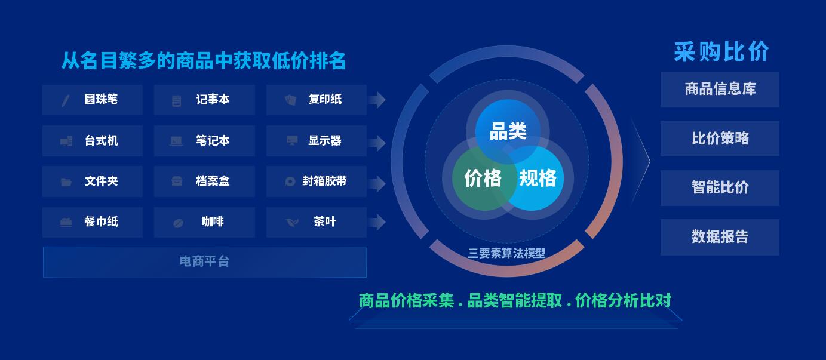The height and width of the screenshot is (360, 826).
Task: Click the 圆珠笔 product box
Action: click(x=93, y=100)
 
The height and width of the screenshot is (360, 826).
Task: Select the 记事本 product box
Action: click(x=204, y=100)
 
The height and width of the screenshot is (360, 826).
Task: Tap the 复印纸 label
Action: click(x=325, y=99)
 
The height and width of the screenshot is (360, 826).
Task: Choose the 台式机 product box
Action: click(x=93, y=141)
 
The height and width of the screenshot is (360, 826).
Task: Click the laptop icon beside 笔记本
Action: click(x=176, y=141)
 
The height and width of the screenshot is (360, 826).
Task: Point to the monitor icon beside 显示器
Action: click(x=292, y=140)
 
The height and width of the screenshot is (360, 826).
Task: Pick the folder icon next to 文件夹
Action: click(x=66, y=182)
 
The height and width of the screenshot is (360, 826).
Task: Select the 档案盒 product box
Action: click(x=204, y=181)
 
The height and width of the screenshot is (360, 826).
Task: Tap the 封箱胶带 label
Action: click(x=324, y=181)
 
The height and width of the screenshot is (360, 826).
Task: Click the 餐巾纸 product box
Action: click(x=93, y=222)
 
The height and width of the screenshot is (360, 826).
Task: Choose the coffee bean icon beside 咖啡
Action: click(x=178, y=223)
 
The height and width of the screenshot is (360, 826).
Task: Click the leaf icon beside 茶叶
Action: click(x=293, y=222)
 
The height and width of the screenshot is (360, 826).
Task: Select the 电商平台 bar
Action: click(x=205, y=262)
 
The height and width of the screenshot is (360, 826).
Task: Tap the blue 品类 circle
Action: click(x=508, y=131)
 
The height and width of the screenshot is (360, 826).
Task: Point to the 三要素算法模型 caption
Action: click(x=506, y=253)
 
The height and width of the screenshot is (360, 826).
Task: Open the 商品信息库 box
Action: click(x=720, y=90)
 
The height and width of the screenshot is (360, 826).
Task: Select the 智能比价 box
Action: click(x=720, y=188)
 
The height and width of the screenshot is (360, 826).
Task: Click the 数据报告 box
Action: click(x=720, y=237)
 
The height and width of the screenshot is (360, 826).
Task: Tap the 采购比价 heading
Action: click(x=721, y=52)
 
